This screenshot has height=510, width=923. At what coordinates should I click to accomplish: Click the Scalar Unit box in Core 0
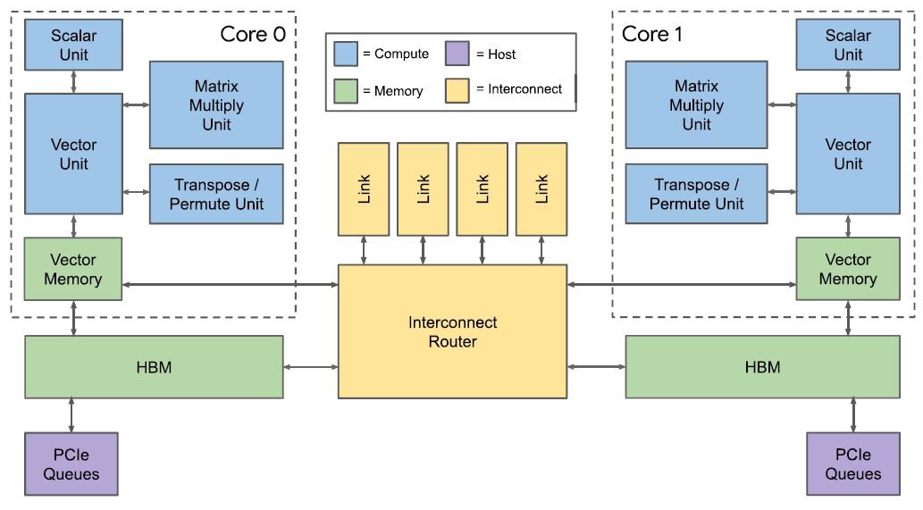point(73,46)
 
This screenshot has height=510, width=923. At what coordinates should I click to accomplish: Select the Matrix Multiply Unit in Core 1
point(696,105)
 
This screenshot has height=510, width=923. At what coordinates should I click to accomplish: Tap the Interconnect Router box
point(452,331)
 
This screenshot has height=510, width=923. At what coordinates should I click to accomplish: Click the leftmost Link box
point(364,188)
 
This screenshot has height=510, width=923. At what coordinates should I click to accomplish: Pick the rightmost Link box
point(541,188)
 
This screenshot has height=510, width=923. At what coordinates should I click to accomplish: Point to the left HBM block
point(154,367)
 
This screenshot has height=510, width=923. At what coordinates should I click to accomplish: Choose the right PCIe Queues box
point(852,464)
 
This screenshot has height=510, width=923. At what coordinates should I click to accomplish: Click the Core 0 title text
point(253,35)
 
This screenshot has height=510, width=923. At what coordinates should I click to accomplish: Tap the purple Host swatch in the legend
point(457,54)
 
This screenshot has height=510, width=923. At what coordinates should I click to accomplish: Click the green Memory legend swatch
point(346,90)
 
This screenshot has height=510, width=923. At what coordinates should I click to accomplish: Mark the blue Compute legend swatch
point(346,54)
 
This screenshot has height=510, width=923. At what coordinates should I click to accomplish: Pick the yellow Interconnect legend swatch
point(457,89)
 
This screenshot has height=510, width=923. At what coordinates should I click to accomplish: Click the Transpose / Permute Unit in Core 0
point(216,195)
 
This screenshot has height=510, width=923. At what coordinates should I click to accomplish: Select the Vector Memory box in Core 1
point(847,269)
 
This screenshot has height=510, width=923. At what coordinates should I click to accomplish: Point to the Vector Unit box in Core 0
point(73,154)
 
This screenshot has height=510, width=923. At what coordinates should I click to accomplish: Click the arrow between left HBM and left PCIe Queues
point(71,415)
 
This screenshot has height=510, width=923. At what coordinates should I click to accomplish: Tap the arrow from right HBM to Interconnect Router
point(596,367)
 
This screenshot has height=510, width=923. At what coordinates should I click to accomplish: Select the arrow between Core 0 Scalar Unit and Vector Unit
point(73,79)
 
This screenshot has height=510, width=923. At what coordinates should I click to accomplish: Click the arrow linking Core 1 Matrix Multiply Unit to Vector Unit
point(781,105)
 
